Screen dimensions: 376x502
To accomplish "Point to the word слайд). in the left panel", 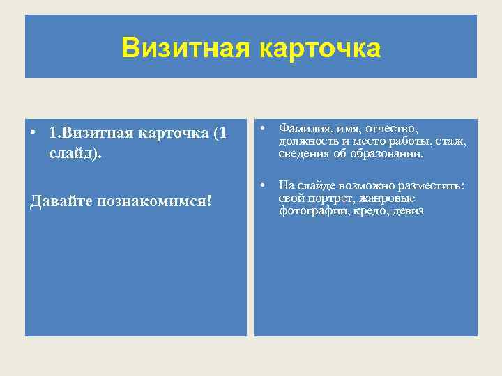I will click(x=75, y=152).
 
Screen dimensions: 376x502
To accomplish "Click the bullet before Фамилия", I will click(x=262, y=128).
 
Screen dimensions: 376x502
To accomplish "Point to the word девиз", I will click(x=407, y=211).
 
